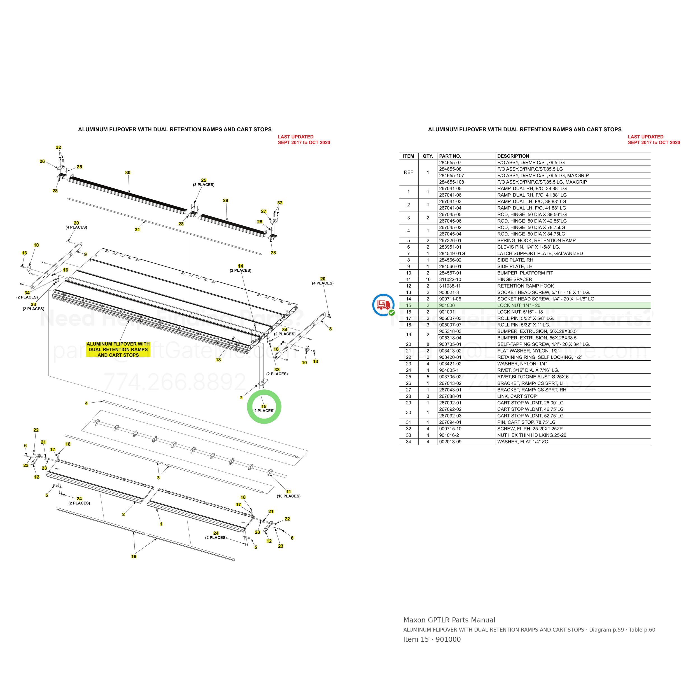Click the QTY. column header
tap(428, 156)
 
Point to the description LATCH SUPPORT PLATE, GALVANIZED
tap(540, 254)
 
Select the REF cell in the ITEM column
tap(408, 172)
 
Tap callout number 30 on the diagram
tap(128, 173)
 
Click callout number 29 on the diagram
tap(226, 201)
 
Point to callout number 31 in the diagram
tap(137, 230)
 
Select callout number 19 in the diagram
tap(134, 557)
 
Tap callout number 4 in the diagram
tap(86, 403)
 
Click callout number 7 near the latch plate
tap(241, 398)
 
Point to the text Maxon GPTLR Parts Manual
tap(449, 620)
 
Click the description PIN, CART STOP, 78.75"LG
tap(526, 423)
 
